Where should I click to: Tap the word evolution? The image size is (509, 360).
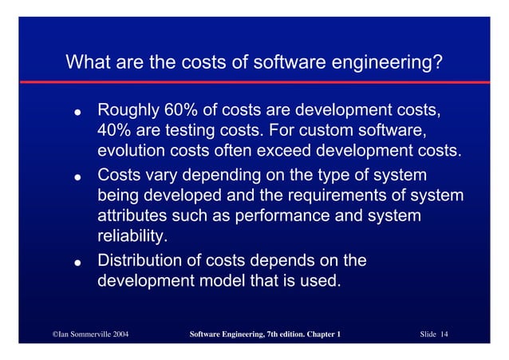[129, 151]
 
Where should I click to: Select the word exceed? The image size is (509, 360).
[298, 151]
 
